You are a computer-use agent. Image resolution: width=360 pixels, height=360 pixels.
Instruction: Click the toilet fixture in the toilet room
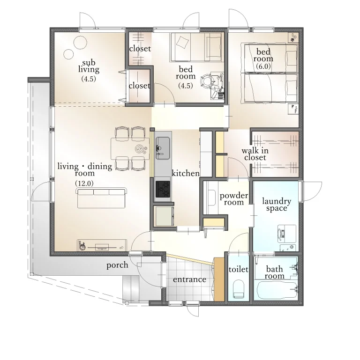coord(239,289)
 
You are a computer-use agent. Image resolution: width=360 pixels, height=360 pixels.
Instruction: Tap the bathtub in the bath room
coord(277,290)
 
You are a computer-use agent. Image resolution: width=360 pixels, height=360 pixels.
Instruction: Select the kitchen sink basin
coord(163,148)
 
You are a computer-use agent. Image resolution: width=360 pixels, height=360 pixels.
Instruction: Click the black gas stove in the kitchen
coord(163,189)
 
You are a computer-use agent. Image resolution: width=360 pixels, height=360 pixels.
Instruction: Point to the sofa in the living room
coord(101,198)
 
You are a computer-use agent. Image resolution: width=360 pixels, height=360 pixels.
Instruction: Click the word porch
coord(117,265)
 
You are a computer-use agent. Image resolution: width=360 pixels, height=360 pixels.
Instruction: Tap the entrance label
coord(189,279)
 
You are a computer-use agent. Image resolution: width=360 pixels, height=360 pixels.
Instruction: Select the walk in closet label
coord(255,154)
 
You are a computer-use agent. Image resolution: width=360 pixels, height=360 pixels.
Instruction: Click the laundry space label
coord(277,205)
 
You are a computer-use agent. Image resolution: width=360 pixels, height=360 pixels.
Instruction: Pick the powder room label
coord(234,199)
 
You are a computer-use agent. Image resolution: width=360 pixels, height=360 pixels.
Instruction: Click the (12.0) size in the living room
coord(84,183)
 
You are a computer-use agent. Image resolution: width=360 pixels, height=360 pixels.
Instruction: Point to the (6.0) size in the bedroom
coord(263,66)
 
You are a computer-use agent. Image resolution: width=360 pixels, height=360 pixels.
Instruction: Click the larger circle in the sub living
coord(80,43)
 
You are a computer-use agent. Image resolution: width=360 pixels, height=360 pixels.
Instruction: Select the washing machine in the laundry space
coord(286,234)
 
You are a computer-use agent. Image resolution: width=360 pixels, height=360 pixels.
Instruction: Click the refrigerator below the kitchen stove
coord(164,216)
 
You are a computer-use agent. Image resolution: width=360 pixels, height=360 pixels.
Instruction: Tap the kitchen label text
coord(186,173)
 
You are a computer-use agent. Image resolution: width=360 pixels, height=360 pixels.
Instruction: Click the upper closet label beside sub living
coord(140,48)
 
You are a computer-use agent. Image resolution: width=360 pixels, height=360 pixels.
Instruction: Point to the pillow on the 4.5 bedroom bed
coord(183,42)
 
